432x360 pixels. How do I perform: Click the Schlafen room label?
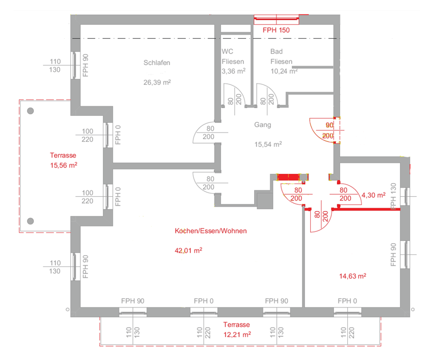[157, 63]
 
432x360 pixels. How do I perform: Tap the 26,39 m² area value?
[157, 82]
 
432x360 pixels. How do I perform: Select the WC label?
[227, 52]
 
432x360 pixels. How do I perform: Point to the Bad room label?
[276, 52]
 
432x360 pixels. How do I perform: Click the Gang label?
[262, 125]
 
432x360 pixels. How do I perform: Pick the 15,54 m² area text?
[268, 144]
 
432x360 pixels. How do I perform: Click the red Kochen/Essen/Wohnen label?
[211, 231]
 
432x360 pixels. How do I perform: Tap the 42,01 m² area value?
[188, 250]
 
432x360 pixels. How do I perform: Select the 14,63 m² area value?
[353, 276]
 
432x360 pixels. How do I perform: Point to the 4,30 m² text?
[374, 195]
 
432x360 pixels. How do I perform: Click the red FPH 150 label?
[276, 30]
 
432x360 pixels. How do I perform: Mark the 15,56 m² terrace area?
[64, 165]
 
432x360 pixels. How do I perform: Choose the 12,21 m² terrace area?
[237, 334]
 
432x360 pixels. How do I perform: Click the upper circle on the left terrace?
[30, 111]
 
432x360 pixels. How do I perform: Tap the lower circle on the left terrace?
[30, 221]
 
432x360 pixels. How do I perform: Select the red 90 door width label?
[329, 125]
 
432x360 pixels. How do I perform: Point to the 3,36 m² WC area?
[234, 71]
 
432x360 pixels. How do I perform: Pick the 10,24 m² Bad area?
[284, 71]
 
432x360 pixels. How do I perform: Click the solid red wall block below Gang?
[288, 177]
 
